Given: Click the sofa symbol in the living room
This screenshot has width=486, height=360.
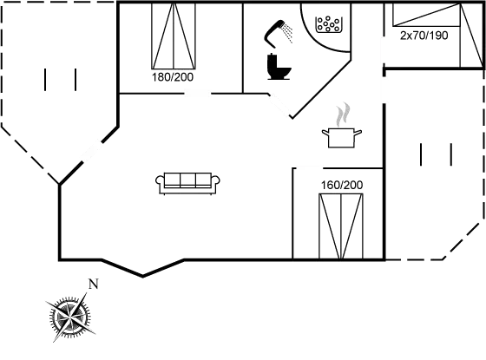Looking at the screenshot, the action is click(187, 183).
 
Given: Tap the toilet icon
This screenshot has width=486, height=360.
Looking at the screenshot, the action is click(278, 67).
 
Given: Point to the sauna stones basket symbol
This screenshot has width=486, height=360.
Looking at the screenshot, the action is click(328, 24).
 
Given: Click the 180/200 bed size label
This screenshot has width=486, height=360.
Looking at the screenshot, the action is click(173, 77).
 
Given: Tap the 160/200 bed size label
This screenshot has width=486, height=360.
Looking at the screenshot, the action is click(342, 185).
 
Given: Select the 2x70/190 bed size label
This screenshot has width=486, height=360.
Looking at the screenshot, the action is click(424, 36).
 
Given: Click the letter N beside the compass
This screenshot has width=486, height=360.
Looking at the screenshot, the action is click(94, 284).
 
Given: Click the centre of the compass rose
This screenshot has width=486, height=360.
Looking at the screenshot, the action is click(70, 317).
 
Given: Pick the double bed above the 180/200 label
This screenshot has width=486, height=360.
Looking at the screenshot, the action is click(174, 36).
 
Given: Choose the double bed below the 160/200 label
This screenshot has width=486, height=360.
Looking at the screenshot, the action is click(340, 226).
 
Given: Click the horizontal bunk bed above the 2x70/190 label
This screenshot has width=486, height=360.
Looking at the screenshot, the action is click(426, 15).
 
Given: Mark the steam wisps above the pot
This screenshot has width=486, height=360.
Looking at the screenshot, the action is click(343, 115).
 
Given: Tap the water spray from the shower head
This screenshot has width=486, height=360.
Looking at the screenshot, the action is click(287, 32).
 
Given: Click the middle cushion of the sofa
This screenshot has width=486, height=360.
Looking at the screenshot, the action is click(187, 180).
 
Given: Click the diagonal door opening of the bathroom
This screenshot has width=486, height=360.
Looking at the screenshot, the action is click(280, 105).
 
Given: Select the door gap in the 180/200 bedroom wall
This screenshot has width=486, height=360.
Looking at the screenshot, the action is click(197, 93).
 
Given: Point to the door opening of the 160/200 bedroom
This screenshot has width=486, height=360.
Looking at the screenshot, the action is click(309, 168).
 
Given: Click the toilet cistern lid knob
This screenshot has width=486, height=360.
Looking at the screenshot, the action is click(272, 54).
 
